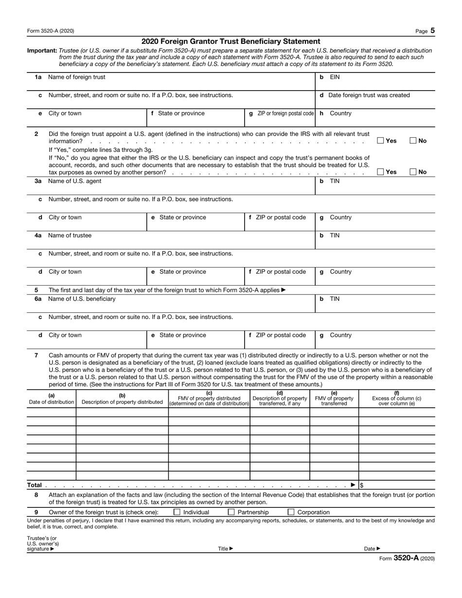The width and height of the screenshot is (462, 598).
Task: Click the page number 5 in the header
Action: coord(432,31)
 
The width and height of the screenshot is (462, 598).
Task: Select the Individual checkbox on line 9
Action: coord(177,512)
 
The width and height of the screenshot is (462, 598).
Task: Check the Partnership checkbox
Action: coord(231,512)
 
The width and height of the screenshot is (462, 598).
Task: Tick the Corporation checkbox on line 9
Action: coord(291,512)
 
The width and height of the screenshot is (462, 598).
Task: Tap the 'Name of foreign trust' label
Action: coord(76,77)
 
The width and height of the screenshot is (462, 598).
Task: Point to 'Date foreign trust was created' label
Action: coord(369,95)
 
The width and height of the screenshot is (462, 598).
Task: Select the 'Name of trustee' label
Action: coord(70,236)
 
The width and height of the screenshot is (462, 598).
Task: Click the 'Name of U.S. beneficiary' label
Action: coord(82,299)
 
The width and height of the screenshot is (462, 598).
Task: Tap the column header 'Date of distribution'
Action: coord(52,402)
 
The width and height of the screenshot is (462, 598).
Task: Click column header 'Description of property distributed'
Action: coord(122,402)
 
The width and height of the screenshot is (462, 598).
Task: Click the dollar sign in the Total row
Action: coord(362,485)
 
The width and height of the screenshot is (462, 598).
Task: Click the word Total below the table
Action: coord(34,485)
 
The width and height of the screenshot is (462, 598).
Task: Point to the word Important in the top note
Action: coord(42,51)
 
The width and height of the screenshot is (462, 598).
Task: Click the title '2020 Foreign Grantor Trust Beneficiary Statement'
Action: coord(231,41)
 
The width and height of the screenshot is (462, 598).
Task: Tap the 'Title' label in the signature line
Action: coord(223,549)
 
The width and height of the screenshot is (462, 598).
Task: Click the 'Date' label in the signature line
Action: coord(370,549)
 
